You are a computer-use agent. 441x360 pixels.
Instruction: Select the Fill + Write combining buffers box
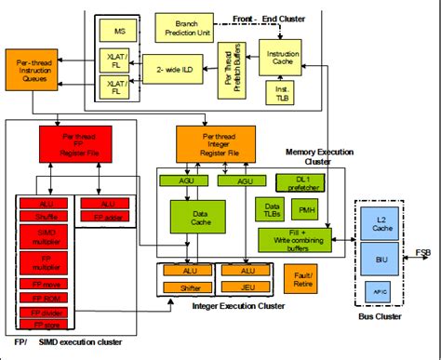pos(298,240)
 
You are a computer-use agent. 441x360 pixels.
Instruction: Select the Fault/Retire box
pos(301,276)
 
